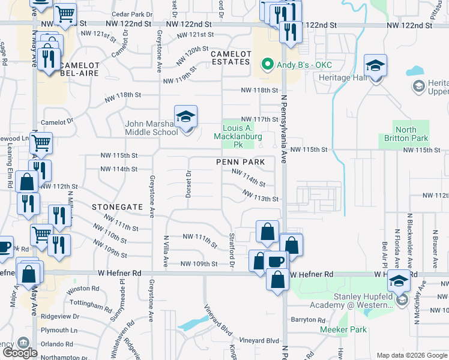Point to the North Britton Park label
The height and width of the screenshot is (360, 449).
406,134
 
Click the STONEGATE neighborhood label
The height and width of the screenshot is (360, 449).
118,206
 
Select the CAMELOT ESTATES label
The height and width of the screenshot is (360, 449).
230,58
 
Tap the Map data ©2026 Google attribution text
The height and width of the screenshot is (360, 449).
411,355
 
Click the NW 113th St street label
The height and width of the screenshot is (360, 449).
261,196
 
